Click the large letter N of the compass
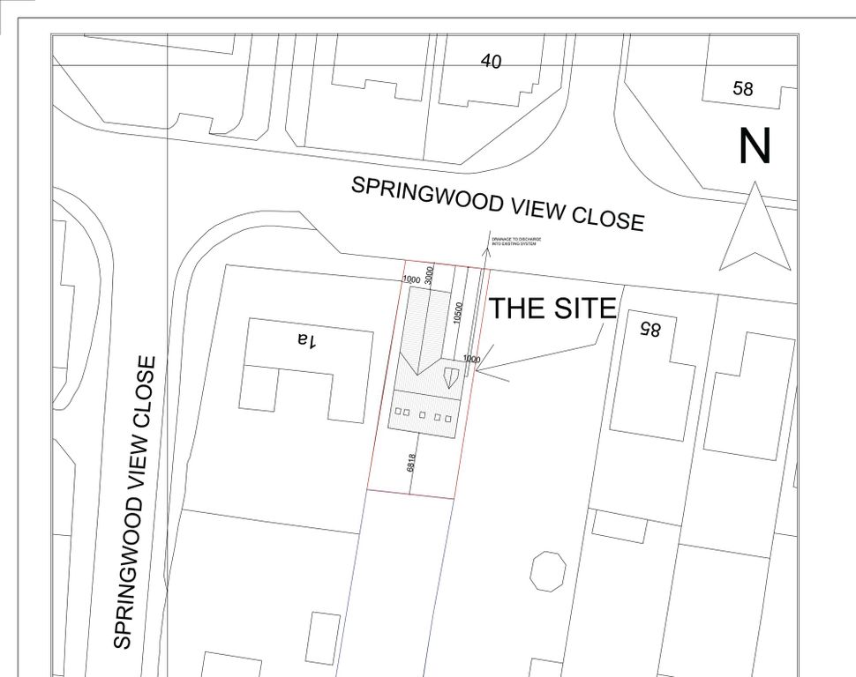click(755, 146)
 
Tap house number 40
click(491, 61)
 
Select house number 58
click(743, 88)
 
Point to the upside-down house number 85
click(650, 329)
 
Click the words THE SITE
click(552, 309)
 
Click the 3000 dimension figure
click(430, 275)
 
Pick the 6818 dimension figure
click(411, 462)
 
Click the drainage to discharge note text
click(517, 242)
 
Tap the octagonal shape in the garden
click(547, 571)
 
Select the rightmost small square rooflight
click(448, 418)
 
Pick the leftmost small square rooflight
click(398, 412)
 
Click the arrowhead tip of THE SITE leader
click(477, 371)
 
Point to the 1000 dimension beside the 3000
click(411, 279)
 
